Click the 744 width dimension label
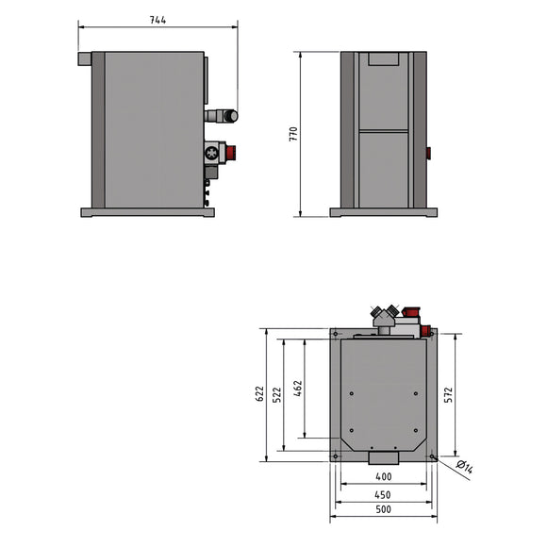coord(157,21)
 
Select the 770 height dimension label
coord(292,134)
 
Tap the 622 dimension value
coord(259,394)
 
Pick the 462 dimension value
coord(298,389)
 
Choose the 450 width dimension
coord(382,494)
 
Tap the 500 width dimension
coord(382,510)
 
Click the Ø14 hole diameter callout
coord(464,465)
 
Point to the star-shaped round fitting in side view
coord(211,153)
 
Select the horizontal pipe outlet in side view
coord(224,116)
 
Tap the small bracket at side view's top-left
coord(84,58)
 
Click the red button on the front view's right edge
coord(428,152)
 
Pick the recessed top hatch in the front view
coord(383,58)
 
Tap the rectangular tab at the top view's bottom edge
coord(383,457)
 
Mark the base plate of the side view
coord(147,212)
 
